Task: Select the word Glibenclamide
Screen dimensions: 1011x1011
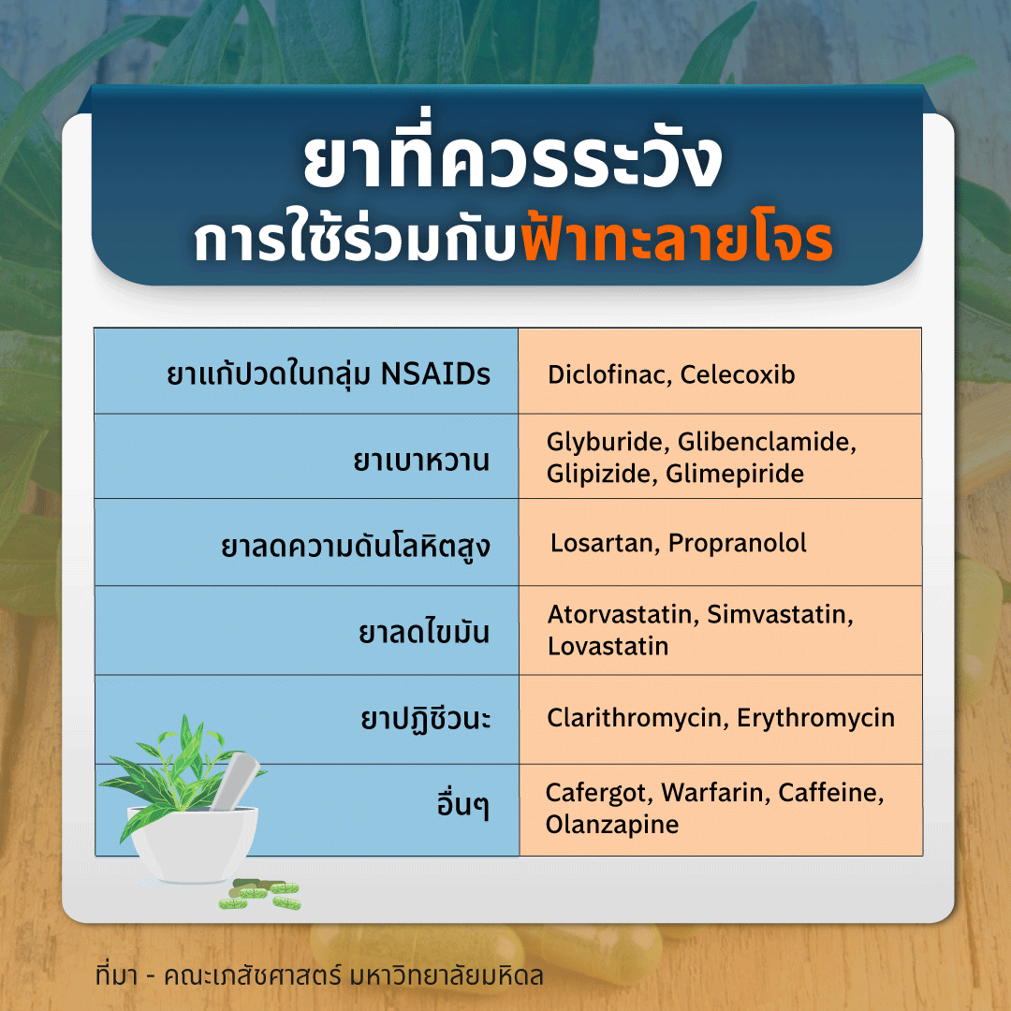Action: tap(767, 442)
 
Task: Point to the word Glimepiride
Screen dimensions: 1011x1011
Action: tap(735, 474)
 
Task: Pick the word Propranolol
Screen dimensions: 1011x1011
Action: tap(737, 544)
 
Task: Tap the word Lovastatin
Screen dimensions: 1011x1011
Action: tap(608, 646)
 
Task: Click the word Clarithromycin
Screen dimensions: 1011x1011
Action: tap(635, 718)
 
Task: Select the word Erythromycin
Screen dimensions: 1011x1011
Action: tap(815, 718)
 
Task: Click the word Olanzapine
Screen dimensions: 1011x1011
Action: tap(612, 825)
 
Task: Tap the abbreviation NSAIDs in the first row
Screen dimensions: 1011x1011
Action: tap(435, 374)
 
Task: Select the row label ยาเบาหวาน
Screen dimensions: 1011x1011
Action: tap(421, 461)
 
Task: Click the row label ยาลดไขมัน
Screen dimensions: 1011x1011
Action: tap(424, 631)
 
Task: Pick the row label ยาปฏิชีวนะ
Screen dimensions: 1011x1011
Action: tap(426, 718)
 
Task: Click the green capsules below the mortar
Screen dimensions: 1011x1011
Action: tap(259, 894)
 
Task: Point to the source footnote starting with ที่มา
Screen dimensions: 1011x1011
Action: tap(319, 975)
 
